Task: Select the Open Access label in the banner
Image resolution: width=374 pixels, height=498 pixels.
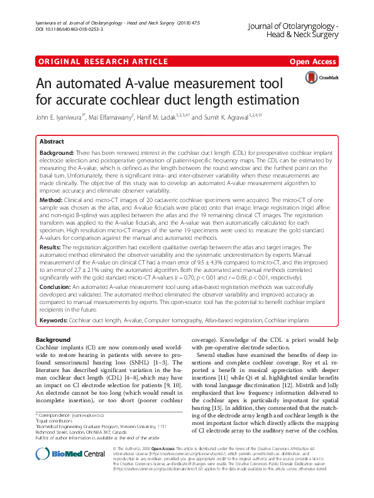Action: pyautogui.click(x=312, y=62)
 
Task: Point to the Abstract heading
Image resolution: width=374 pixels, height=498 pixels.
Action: pyautogui.click(x=52, y=142)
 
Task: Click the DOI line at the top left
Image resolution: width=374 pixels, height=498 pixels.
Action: pyautogui.click(x=63, y=30)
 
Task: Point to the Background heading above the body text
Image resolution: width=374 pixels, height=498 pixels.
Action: pyautogui.click(x=53, y=340)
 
